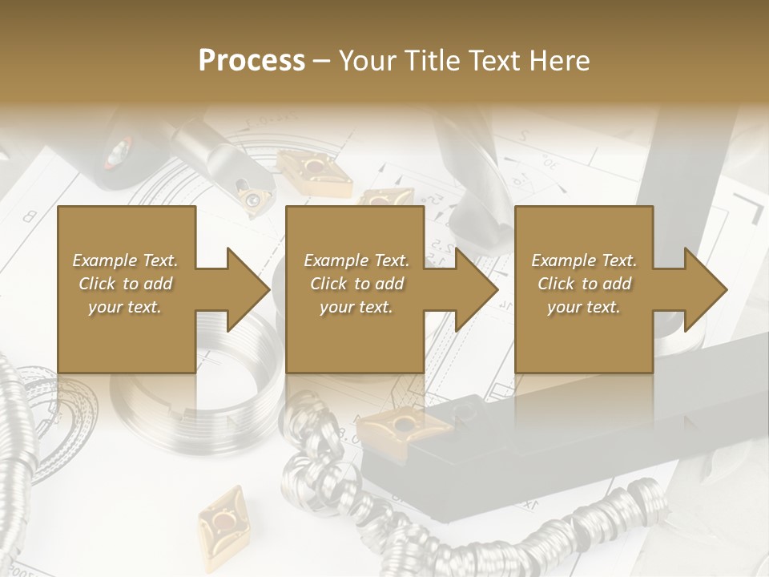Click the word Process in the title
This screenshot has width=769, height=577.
click(252, 61)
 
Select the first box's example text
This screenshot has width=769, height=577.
click(125, 284)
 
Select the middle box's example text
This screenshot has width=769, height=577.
click(356, 284)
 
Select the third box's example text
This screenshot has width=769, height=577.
click(584, 284)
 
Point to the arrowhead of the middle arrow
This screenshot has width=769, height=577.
click(479, 290)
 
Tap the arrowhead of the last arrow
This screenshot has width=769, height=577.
click(707, 290)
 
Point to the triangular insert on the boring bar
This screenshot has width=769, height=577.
click(255, 200)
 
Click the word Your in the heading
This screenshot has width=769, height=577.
click(367, 61)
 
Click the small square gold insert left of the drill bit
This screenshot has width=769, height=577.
click(387, 197)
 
